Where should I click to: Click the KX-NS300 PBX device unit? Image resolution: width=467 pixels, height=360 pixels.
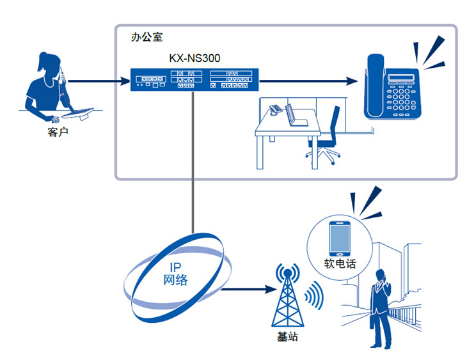(193, 80)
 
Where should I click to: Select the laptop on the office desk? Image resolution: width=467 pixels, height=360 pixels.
(293, 116)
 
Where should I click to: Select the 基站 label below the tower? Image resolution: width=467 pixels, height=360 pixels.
(286, 336)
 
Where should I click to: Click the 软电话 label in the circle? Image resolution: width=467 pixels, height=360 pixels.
(339, 263)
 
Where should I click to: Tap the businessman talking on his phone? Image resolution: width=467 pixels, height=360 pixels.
(382, 304)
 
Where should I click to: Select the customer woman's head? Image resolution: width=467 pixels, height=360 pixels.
(50, 65)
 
